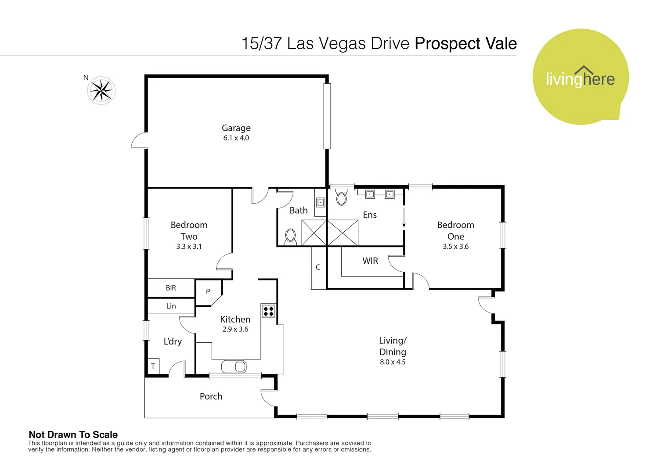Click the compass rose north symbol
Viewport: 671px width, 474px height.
pyautogui.click(x=101, y=90)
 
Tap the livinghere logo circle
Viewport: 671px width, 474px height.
pyautogui.click(x=580, y=77)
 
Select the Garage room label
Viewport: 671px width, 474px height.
pyautogui.click(x=236, y=128)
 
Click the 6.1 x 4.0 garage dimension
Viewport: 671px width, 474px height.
pyautogui.click(x=236, y=138)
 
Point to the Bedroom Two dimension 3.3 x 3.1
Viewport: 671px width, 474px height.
pyautogui.click(x=189, y=246)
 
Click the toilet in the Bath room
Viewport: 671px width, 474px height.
pyautogui.click(x=290, y=237)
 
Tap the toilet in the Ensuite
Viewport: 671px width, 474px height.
pyautogui.click(x=341, y=197)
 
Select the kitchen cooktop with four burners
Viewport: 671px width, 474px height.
pyautogui.click(x=268, y=311)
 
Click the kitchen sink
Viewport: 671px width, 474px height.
pyautogui.click(x=234, y=366)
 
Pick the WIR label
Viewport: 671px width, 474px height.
pyautogui.click(x=370, y=261)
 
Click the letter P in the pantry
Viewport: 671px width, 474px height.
pyautogui.click(x=208, y=291)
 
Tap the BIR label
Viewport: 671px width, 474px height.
pyautogui.click(x=171, y=288)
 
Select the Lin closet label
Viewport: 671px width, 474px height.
pyautogui.click(x=171, y=306)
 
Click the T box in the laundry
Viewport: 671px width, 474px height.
pyautogui.click(x=153, y=366)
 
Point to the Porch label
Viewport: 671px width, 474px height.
pyautogui.click(x=211, y=396)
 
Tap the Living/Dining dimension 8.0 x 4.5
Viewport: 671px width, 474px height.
pyautogui.click(x=393, y=362)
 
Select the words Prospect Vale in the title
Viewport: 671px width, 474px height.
pyautogui.click(x=465, y=43)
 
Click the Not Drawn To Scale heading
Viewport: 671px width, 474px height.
pyautogui.click(x=73, y=434)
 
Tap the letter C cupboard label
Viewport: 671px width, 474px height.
pyautogui.click(x=318, y=267)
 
